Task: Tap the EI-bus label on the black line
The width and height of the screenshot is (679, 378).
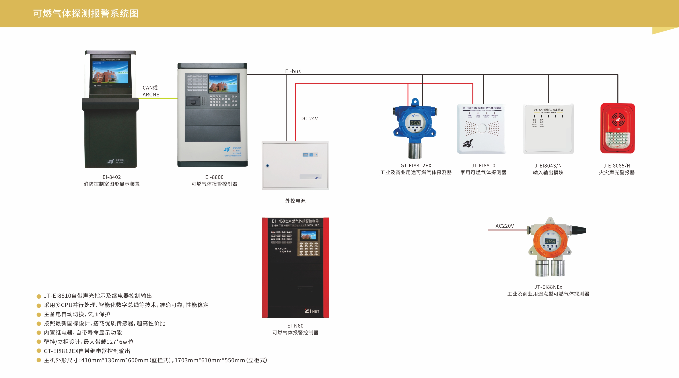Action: click(293, 71)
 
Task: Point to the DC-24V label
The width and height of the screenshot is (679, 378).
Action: click(309, 119)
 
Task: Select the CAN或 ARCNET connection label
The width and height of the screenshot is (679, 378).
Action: click(152, 91)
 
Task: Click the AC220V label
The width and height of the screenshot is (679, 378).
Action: click(504, 226)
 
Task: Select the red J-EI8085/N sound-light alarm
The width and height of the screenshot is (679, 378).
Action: click(617, 128)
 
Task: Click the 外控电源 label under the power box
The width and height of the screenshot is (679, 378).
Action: click(295, 201)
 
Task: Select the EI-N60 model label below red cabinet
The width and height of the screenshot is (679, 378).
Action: click(295, 326)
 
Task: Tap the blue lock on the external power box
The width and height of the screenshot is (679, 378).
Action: click(268, 166)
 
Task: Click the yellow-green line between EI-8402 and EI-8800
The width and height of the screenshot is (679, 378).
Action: click(158, 98)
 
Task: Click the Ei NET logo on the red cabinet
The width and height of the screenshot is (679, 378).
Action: click(312, 311)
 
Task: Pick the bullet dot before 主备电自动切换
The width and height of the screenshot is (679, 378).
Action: click(39, 314)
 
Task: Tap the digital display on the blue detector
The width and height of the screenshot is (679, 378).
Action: click(415, 123)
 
